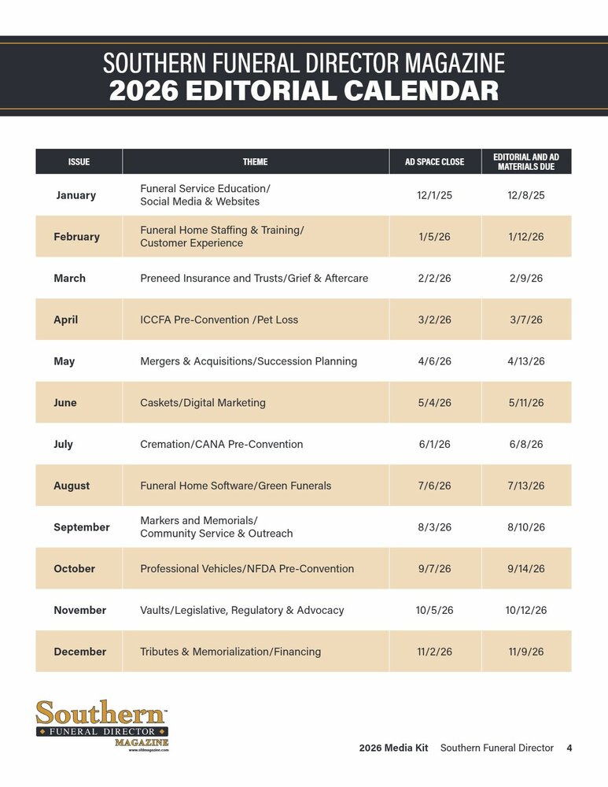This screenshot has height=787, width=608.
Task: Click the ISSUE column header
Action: tap(79, 162)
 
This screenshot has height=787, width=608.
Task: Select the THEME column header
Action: tap(255, 162)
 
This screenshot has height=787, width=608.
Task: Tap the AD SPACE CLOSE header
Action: tap(434, 162)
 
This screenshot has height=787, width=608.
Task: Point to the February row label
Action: tap(76, 237)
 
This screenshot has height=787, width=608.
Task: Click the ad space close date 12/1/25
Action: tap(434, 195)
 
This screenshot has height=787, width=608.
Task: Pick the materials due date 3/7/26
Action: tap(526, 320)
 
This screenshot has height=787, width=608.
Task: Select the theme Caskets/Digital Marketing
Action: tap(203, 403)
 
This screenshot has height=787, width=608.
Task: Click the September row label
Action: tap(82, 527)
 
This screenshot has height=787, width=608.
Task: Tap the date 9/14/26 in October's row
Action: tap(526, 569)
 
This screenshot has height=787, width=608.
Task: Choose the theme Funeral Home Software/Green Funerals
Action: tap(235, 486)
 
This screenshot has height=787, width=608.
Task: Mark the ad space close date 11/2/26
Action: tap(434, 652)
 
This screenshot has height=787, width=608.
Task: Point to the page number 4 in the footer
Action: tap(569, 748)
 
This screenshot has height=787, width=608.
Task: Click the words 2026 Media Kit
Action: tap(393, 748)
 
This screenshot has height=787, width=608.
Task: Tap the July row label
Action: tap(63, 445)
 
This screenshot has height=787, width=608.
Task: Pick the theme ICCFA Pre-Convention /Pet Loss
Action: tap(219, 320)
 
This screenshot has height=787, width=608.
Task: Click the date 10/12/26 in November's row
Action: tap(526, 610)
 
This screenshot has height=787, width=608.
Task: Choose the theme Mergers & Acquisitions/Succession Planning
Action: tap(249, 361)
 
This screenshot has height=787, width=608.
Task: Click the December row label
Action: tap(79, 652)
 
